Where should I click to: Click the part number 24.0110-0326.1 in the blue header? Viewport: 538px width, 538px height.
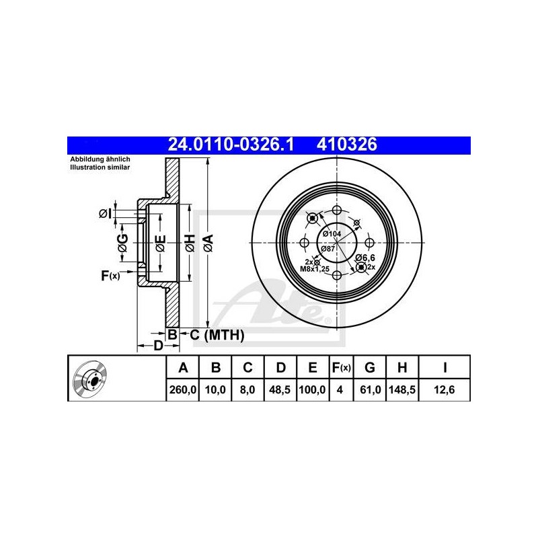point(231,145)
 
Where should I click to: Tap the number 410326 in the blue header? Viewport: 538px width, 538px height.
point(346,145)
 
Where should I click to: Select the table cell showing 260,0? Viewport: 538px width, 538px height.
point(182,390)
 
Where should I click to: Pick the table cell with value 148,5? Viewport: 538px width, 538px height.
point(402,390)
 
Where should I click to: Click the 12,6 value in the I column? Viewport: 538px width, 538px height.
point(445,390)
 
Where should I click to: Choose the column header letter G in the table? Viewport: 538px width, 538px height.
point(369,367)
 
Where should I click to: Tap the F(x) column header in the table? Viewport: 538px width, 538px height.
point(341,368)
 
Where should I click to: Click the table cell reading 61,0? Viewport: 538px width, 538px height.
point(369,390)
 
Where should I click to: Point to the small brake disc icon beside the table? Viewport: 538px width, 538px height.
point(90,379)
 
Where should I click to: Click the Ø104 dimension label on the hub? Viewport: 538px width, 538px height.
point(332,234)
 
